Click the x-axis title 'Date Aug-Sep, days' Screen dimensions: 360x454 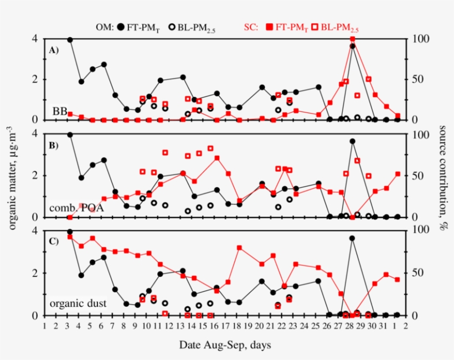point(224,345)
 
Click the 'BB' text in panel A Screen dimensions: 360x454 point(59,111)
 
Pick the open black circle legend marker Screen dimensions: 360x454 point(172,27)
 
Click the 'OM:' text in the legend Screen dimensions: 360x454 point(104,27)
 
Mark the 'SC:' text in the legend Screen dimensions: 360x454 point(251,27)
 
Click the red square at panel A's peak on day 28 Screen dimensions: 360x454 point(352,39)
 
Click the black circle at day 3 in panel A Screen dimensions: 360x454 point(70,39)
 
